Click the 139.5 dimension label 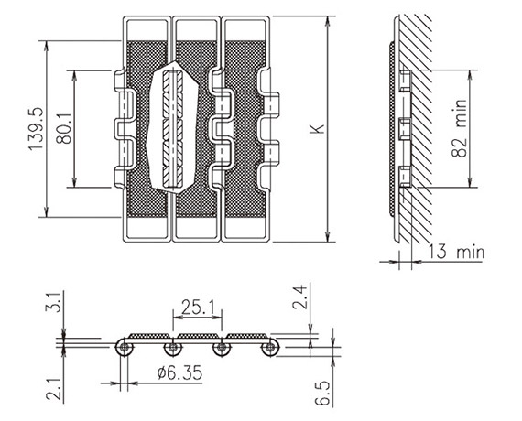pos(36,129)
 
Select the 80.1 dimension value pos(63,128)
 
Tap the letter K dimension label pos(317,128)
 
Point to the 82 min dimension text pos(460,128)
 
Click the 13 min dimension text pos(456,252)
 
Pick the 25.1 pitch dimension pos(198,307)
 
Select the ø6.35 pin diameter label pos(179,372)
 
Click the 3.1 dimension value pos(53,302)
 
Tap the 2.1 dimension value pos(54,388)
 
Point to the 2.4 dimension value pos(300,297)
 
